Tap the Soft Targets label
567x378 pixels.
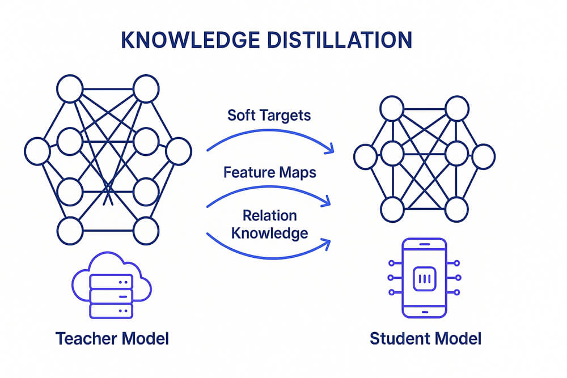(269, 115)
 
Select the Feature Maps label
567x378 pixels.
(269, 172)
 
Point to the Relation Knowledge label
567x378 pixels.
(269, 224)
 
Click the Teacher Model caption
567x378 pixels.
(112, 339)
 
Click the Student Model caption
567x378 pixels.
(425, 339)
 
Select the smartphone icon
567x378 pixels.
(424, 278)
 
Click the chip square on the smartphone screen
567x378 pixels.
(424, 279)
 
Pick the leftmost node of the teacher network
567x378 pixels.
(37, 151)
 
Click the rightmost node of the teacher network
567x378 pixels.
(179, 151)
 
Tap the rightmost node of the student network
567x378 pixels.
(483, 156)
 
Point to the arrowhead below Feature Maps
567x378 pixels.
(328, 202)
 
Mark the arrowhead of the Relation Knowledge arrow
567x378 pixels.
(328, 243)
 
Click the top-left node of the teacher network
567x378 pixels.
(70, 90)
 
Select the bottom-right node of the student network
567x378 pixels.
(456, 209)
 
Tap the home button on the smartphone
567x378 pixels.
(424, 312)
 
